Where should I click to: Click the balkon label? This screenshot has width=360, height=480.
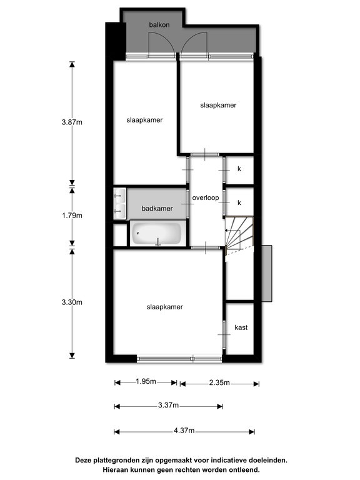tap(159, 25)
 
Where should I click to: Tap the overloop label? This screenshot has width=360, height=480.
tap(206, 197)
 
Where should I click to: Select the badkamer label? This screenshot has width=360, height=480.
tap(157, 209)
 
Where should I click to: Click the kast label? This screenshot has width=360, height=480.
tap(241, 327)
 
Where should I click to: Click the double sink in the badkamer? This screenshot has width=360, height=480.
tap(120, 203)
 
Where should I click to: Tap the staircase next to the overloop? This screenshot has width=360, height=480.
tap(239, 235)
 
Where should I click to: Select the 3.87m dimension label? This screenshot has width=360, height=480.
tap(72, 122)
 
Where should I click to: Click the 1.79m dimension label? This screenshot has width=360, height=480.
tap(72, 216)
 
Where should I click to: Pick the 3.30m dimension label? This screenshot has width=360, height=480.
tap(72, 302)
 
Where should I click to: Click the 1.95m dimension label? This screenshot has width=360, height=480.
tap(146, 381)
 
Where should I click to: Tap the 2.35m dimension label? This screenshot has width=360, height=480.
tap(219, 382)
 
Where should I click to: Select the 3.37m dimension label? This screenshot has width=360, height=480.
tap(168, 405)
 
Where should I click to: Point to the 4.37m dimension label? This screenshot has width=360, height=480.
tap(184, 431)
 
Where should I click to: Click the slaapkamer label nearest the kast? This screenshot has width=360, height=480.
tap(165, 307)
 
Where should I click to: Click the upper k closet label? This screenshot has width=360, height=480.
tap(239, 169)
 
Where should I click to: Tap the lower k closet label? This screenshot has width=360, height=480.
tap(239, 202)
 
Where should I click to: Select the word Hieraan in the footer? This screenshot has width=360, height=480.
tap(115, 469)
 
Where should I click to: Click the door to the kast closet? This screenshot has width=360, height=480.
tap(224, 334)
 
